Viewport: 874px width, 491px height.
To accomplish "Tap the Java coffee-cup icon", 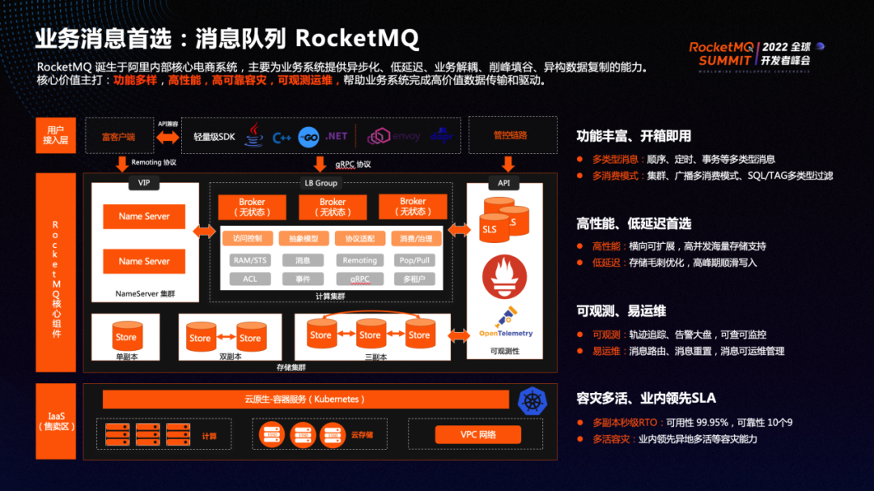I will (x=255, y=135).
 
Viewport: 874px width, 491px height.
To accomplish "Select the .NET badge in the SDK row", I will (x=336, y=136).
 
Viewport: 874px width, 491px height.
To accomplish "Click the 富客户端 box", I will (x=118, y=136).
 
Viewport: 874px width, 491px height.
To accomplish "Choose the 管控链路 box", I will (x=511, y=135).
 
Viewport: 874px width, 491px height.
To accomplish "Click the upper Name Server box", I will (x=144, y=216).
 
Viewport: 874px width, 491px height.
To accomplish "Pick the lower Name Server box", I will (x=144, y=261).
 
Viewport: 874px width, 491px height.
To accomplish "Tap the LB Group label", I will (x=320, y=184).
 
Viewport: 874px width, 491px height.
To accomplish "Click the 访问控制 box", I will (x=248, y=239).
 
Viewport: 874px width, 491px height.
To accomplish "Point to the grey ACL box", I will (x=250, y=279).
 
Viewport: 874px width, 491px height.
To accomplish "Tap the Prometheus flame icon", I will (x=504, y=275).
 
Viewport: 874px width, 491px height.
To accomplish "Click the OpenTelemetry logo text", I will (x=506, y=333).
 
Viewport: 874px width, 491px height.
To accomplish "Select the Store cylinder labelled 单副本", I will (x=126, y=335).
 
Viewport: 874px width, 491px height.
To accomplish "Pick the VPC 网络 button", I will (x=477, y=434).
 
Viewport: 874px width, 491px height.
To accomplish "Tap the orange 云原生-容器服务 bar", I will (x=305, y=399).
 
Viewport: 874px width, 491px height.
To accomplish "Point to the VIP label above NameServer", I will (x=144, y=184).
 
